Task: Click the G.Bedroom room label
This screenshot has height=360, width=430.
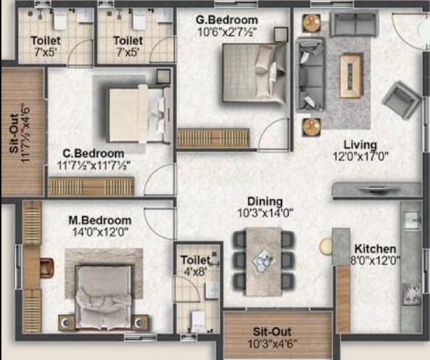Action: tap(227, 20)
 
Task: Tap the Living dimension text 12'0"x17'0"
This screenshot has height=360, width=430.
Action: tap(360, 157)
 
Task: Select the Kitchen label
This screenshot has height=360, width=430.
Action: tap(375, 249)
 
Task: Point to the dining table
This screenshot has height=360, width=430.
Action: tap(263, 261)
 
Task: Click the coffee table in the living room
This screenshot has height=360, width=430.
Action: tap(351, 75)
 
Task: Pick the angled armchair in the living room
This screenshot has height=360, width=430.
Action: tap(402, 100)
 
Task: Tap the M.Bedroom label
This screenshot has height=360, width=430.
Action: tap(100, 221)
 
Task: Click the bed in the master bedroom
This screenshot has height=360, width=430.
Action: tap(103, 297)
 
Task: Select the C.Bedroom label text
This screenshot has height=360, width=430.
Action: tap(94, 153)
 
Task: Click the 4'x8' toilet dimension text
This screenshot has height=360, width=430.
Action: tap(195, 271)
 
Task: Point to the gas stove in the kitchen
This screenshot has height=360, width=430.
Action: tap(411, 295)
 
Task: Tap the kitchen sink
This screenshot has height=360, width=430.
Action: tap(412, 220)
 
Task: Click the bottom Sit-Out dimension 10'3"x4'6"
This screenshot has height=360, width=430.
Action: tap(273, 344)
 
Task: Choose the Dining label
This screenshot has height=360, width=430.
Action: tap(265, 201)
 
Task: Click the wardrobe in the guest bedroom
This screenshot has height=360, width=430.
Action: tap(213, 138)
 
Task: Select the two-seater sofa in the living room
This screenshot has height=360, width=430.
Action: tap(355, 24)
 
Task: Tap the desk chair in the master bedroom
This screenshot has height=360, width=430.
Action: tap(46, 268)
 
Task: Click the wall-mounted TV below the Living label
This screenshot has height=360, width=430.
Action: tap(376, 190)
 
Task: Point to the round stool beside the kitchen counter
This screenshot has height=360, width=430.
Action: tap(326, 245)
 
